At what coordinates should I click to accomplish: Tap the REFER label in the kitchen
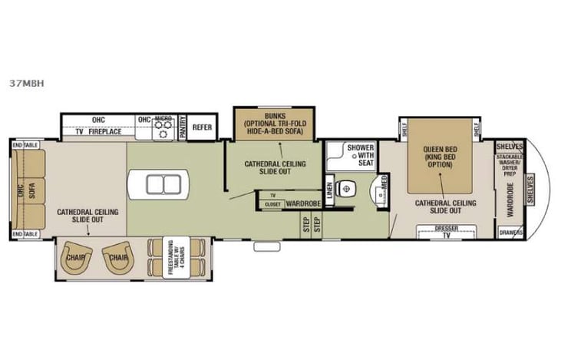coord(202,127)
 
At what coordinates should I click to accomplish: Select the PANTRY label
coord(182,128)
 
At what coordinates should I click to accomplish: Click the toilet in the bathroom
coord(347,186)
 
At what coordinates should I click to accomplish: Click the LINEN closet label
coord(329,189)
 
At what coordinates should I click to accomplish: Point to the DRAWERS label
coord(510,232)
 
